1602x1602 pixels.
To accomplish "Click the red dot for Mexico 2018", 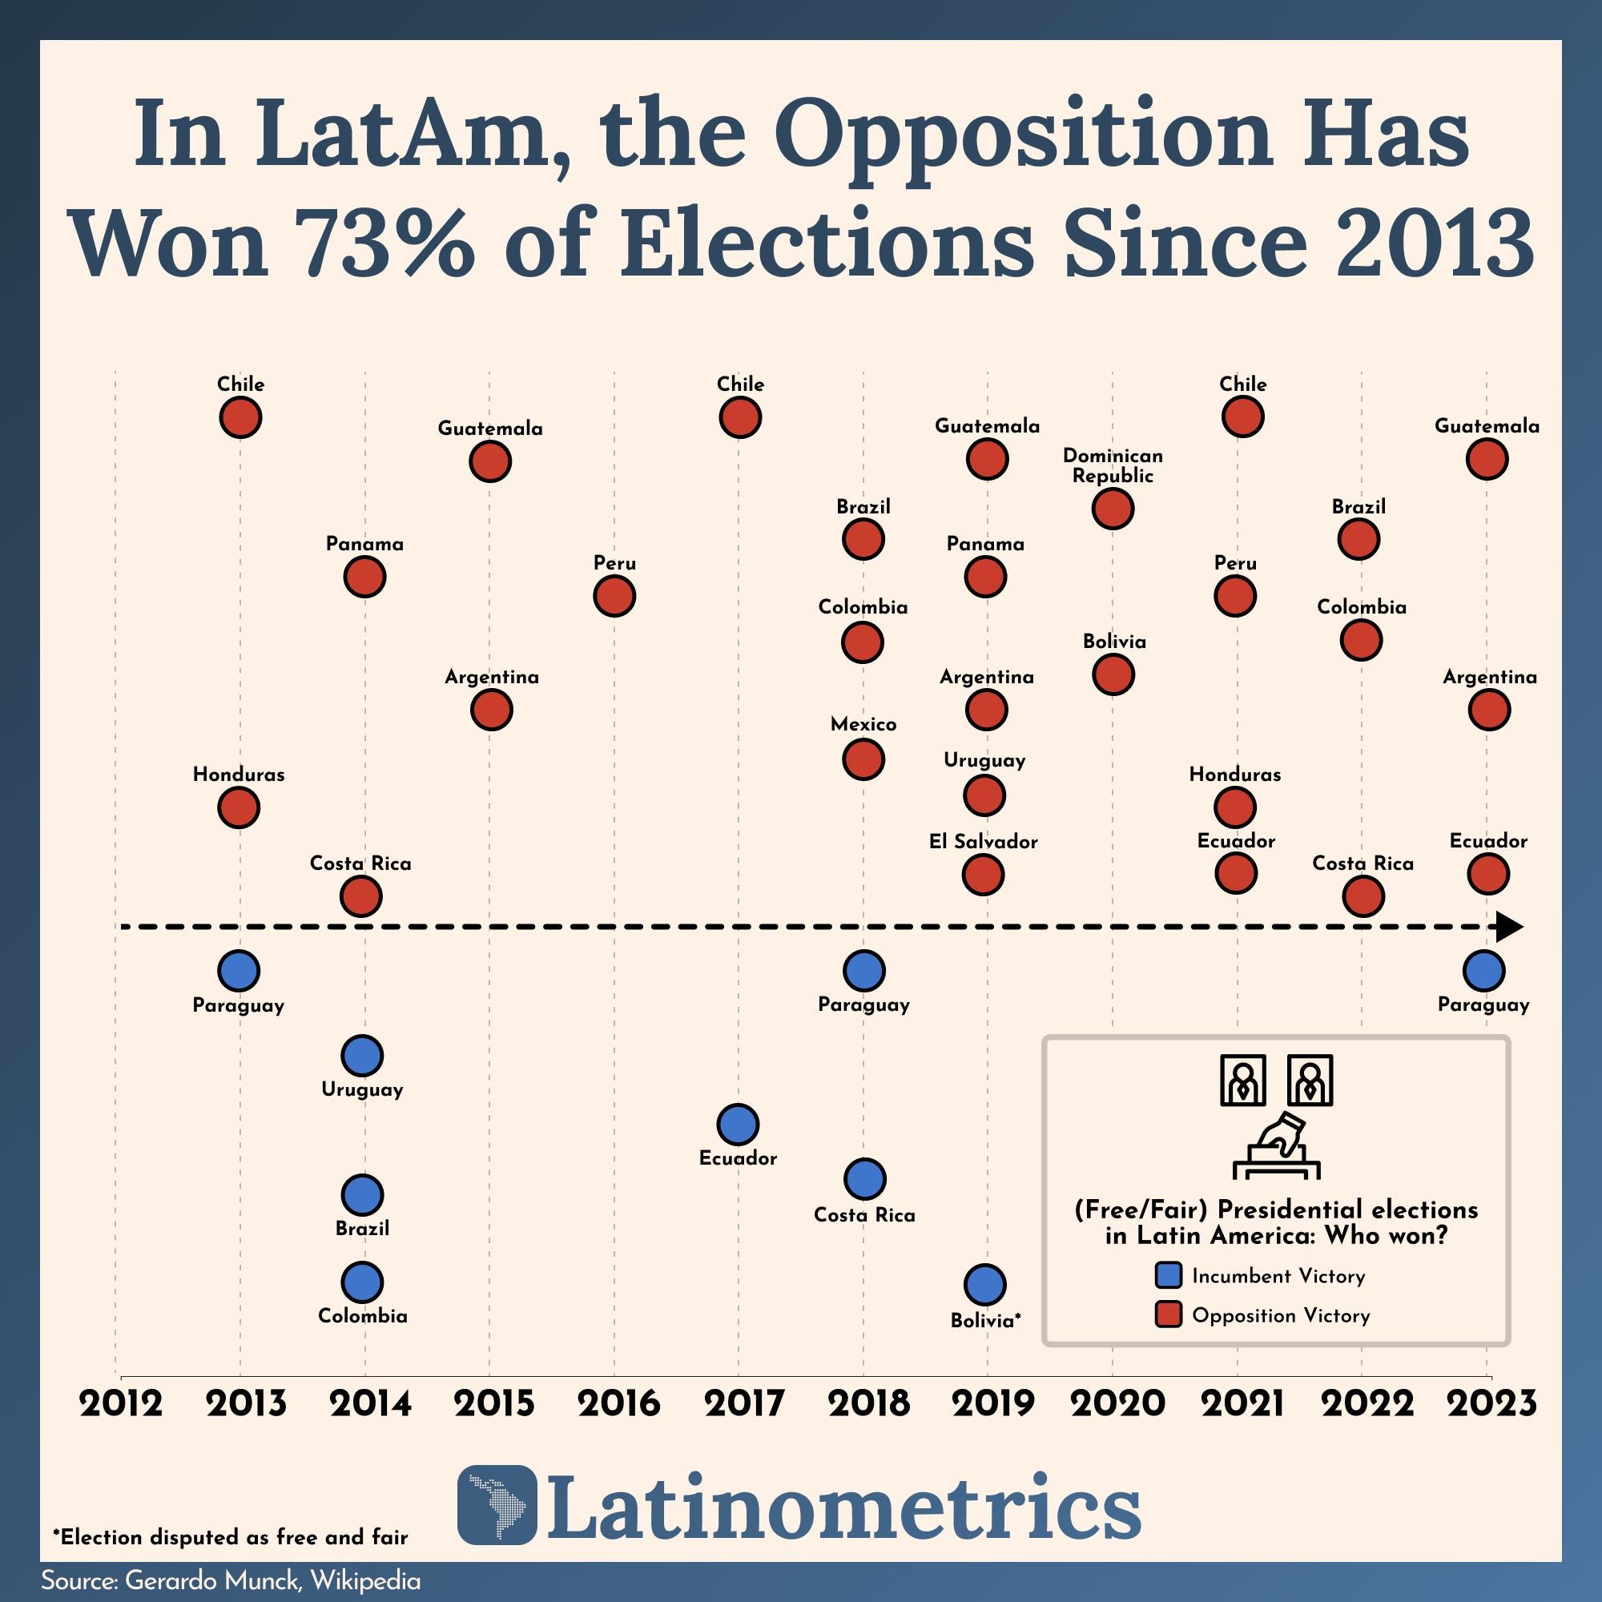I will (x=863, y=759).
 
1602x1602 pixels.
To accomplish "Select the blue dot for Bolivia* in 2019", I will (x=985, y=1285).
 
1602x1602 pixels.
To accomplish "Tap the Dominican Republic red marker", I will (x=1113, y=509).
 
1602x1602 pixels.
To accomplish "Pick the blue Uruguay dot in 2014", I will (x=361, y=1056).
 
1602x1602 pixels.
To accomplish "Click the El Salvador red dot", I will (x=984, y=874).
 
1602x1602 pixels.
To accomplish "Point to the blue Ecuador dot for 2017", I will (x=737, y=1125).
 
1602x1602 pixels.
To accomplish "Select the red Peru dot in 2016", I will (x=614, y=595).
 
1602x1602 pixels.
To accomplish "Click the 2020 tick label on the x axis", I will (x=1117, y=1404).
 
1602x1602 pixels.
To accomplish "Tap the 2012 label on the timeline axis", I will (x=121, y=1404).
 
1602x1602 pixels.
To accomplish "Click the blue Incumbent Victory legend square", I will (x=1168, y=1275).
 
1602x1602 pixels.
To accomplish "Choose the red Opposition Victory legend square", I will (x=1168, y=1315).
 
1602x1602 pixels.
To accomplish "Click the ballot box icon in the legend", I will (x=1276, y=1148).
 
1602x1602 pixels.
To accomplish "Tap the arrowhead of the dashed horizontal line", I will (x=1508, y=927).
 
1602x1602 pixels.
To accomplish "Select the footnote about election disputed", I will (x=231, y=1536).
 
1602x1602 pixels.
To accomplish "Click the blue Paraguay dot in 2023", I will (x=1483, y=970).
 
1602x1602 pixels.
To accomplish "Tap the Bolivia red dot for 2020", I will (x=1113, y=674).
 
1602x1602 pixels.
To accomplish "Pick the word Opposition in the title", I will (x=1022, y=133).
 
